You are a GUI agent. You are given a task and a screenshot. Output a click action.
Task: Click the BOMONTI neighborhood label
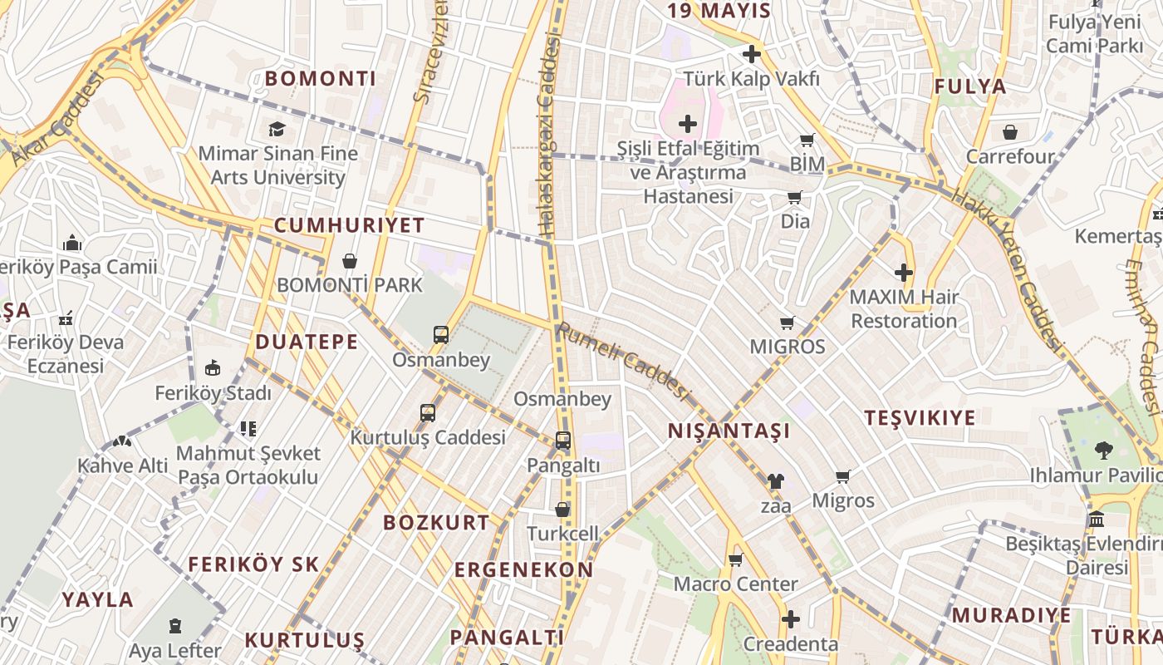(321, 79)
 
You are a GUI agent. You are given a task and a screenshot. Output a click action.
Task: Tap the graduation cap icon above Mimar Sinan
(277, 129)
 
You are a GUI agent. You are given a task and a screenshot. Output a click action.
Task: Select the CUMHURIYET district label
(349, 225)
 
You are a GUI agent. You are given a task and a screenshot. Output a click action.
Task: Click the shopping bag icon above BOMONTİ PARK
(350, 261)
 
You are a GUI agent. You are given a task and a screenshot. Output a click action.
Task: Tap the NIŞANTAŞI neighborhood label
(729, 431)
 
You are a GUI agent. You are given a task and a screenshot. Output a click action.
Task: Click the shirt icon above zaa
(775, 480)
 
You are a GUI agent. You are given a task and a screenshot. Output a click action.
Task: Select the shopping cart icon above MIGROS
(787, 323)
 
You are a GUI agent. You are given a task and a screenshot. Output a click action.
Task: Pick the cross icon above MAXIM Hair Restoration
(904, 272)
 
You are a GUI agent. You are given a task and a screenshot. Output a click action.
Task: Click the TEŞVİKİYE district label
(920, 417)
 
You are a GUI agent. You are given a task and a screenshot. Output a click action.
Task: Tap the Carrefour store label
(1010, 156)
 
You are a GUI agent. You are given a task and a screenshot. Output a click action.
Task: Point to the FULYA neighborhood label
(969, 86)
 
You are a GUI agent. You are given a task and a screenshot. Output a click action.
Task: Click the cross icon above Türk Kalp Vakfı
(752, 55)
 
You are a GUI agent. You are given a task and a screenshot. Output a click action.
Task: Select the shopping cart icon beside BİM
(807, 140)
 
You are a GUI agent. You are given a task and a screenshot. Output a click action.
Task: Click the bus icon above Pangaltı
(562, 441)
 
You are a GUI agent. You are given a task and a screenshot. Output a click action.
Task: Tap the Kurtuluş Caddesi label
(428, 437)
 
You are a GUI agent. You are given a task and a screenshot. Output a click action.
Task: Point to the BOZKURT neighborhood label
(436, 523)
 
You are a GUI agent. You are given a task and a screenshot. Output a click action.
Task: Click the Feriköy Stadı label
(213, 392)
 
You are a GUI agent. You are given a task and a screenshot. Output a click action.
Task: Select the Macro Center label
(735, 584)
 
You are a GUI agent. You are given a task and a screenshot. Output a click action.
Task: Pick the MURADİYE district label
(1011, 615)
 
